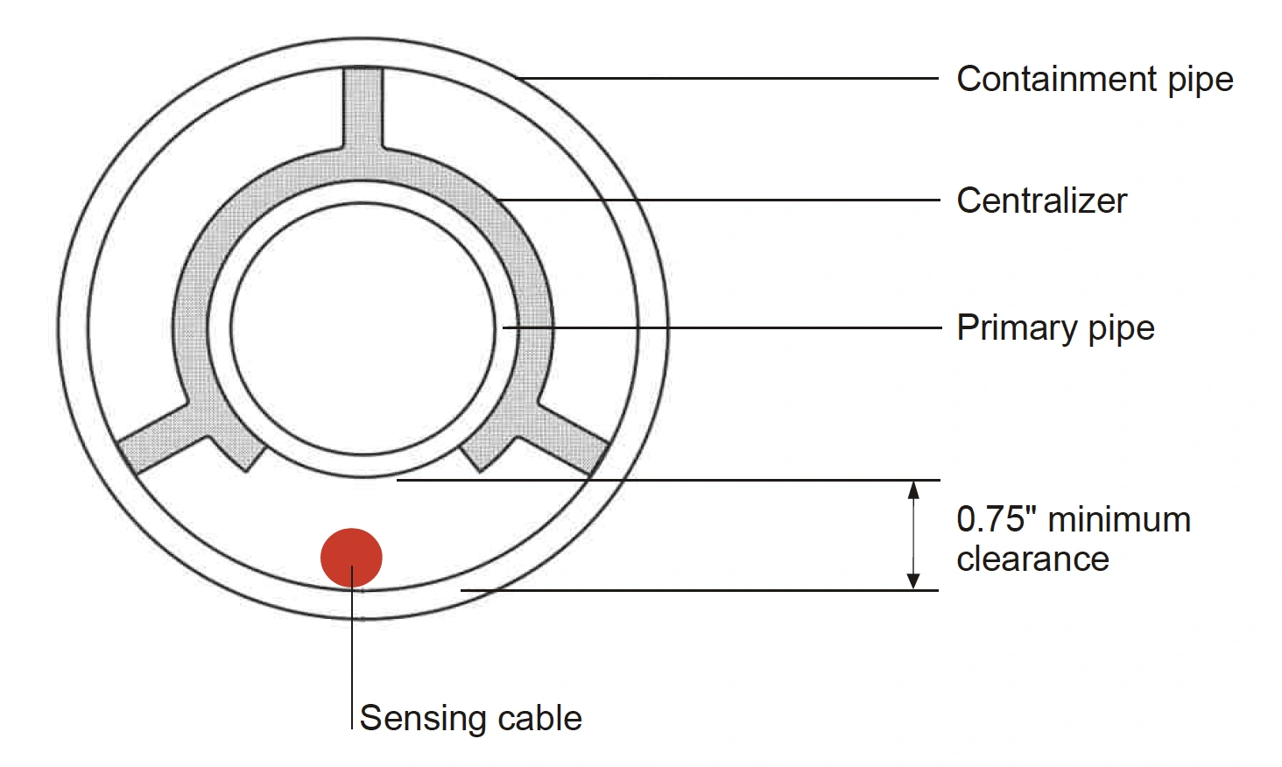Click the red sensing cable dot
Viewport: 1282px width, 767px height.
tap(351, 557)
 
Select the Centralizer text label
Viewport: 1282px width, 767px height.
tap(1041, 201)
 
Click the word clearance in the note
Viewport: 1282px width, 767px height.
tap(1032, 559)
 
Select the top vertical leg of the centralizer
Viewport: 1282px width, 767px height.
tap(362, 109)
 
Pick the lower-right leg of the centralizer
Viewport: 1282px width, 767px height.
tap(565, 442)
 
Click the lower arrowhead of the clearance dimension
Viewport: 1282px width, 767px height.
tap(913, 581)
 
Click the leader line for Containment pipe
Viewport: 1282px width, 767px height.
tap(727, 79)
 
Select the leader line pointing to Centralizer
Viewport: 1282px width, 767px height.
tap(718, 201)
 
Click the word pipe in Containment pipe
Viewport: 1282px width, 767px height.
tap(1201, 80)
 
